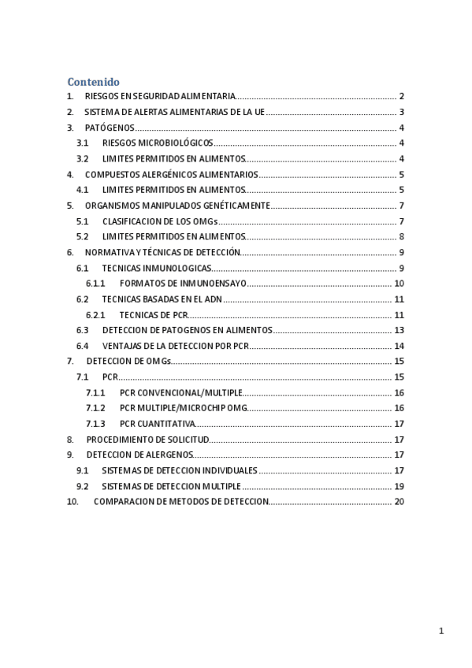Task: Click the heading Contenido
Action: point(93,81)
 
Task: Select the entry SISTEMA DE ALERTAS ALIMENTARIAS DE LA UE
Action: point(174,112)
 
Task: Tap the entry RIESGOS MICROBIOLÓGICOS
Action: point(158,143)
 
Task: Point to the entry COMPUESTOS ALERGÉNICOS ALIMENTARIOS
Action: point(171,174)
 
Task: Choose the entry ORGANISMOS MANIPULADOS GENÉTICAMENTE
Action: point(177,206)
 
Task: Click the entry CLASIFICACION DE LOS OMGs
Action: point(160,221)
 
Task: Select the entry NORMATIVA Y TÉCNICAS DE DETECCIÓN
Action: point(162,252)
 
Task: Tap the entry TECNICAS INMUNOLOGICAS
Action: point(157,268)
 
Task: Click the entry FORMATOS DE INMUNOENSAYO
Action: point(183,284)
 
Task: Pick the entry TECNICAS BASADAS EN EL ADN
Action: point(162,299)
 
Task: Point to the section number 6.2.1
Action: point(95,315)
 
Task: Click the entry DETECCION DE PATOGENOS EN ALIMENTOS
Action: point(188,330)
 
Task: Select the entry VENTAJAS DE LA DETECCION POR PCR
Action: point(176,346)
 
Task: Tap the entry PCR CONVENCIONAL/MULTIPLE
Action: point(181,392)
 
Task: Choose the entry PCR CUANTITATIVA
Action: point(158,424)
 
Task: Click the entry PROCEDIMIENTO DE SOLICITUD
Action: point(147,440)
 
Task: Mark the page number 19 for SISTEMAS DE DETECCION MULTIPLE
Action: point(399,486)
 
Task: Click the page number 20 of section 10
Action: point(399,502)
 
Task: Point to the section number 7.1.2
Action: point(95,408)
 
